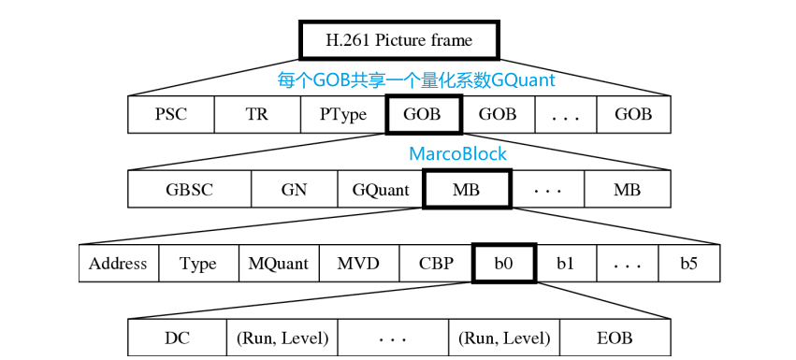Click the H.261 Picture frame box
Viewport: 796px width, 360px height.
[x=398, y=40]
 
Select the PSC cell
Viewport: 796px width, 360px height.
[x=170, y=115]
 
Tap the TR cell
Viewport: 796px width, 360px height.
[x=257, y=115]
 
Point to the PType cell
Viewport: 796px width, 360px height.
[x=342, y=115]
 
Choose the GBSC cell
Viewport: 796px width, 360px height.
[x=190, y=190]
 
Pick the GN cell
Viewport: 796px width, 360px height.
[x=294, y=190]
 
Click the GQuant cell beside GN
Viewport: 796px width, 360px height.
[x=381, y=190]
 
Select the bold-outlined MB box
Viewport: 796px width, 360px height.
[x=466, y=190]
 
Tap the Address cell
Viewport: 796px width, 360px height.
[x=118, y=264]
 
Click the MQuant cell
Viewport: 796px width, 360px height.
[x=279, y=264]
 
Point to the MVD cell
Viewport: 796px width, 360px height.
[x=358, y=264]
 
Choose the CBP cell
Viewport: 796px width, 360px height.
[x=436, y=264]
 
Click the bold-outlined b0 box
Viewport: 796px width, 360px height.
[x=504, y=264]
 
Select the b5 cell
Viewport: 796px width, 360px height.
[x=688, y=264]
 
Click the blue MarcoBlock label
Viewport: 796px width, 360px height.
[x=457, y=154]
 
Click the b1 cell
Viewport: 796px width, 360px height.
[x=565, y=264]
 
